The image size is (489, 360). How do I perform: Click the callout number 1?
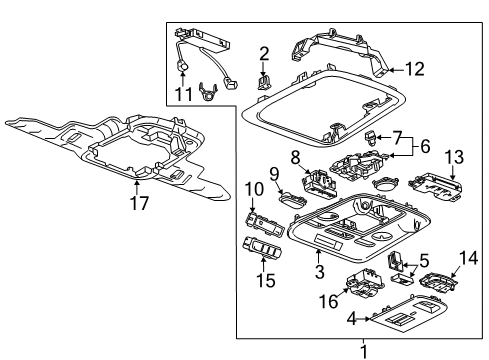pos(363,350)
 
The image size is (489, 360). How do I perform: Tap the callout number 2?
pos(265,53)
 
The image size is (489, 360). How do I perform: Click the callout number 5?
pos(395,260)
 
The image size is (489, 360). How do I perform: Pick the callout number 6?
pos(424,146)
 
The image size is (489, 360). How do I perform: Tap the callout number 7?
pos(396,135)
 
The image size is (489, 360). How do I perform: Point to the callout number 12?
pos(415,69)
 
